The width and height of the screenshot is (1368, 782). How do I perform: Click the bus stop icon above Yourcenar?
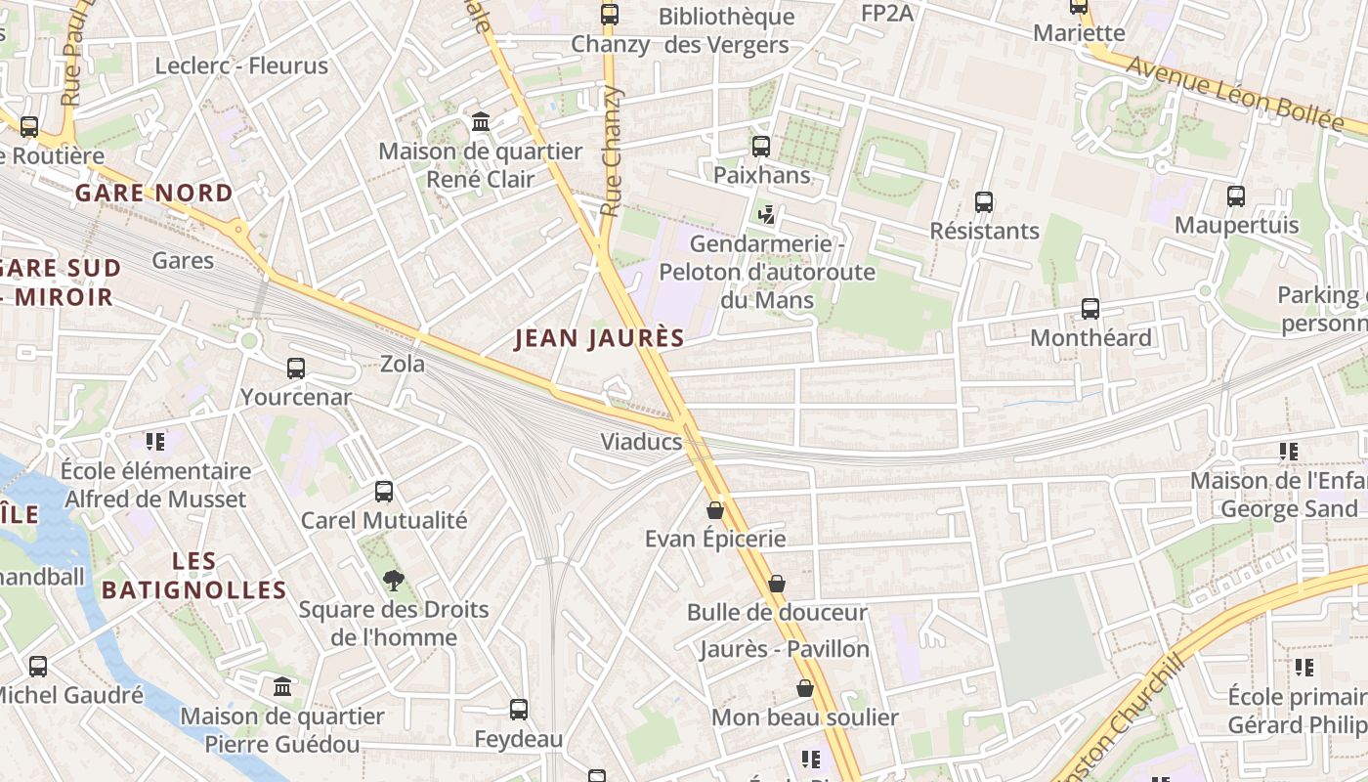point(296,369)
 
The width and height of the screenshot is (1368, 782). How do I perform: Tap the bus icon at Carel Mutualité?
point(384,491)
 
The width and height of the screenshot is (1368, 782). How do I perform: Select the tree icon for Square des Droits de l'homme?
point(393,581)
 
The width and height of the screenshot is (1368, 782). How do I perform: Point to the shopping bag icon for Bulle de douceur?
point(777,584)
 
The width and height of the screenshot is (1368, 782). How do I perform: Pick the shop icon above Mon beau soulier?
point(805,688)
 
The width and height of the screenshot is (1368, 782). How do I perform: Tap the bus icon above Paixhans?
point(761,147)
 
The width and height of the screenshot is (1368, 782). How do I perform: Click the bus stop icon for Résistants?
point(984,202)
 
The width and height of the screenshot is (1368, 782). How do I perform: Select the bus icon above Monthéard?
point(1090,309)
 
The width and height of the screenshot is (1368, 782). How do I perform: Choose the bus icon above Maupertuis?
point(1236,195)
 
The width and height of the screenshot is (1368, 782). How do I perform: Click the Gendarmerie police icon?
point(767,214)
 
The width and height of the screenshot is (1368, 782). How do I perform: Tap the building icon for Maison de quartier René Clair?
point(481,122)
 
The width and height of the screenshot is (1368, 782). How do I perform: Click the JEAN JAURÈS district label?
point(599,338)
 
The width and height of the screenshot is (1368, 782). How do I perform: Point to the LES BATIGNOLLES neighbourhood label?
point(193,576)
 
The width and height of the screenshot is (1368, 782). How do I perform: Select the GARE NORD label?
point(154,193)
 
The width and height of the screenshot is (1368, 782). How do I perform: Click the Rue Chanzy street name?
point(613,152)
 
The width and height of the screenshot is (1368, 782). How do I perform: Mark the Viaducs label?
point(641,441)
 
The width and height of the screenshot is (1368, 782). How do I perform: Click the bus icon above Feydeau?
point(519,710)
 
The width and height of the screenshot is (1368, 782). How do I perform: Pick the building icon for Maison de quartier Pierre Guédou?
point(283,686)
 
